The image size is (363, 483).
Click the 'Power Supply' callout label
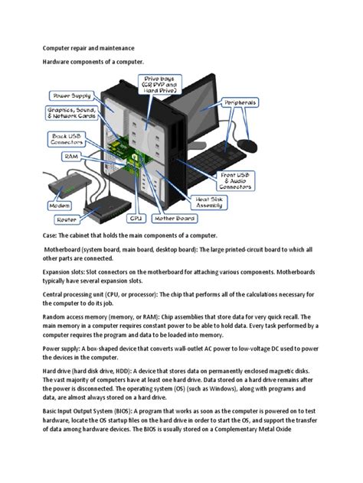point(72,96)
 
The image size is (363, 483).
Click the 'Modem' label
point(59,205)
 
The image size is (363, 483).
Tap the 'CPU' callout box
point(136,218)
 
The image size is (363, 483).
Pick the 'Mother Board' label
point(175,218)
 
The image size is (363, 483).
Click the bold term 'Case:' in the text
point(53,236)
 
